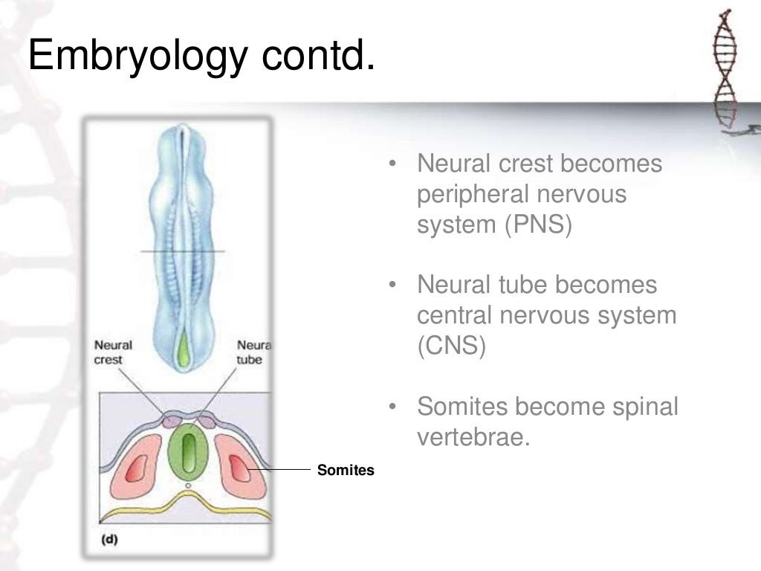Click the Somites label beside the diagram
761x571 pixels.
pyautogui.click(x=346, y=470)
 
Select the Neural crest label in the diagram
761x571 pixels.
pyautogui.click(x=113, y=352)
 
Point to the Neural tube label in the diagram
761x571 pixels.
pyautogui.click(x=253, y=352)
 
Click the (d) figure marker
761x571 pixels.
pyautogui.click(x=109, y=539)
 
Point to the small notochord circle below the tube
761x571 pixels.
pyautogui.click(x=189, y=485)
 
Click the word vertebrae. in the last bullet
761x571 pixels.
pyautogui.click(x=473, y=436)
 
